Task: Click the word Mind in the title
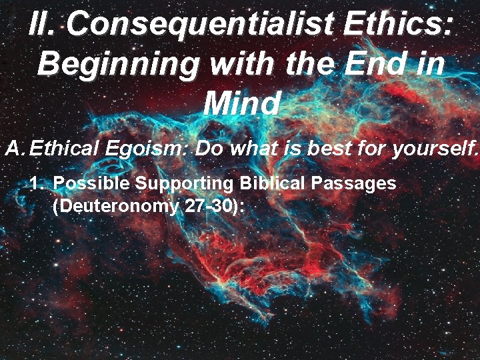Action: tap(241, 103)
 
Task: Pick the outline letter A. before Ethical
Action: tap(15, 148)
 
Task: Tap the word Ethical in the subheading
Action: tap(66, 148)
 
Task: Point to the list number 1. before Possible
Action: tap(39, 183)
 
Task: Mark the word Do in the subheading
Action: tap(209, 148)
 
